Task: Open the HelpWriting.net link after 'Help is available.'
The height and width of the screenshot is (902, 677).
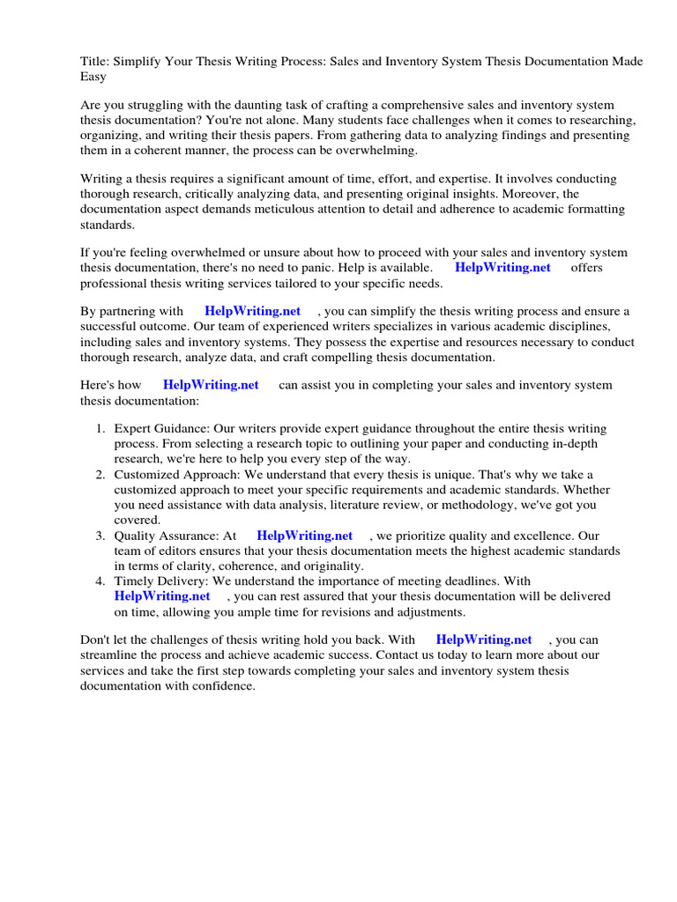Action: pyautogui.click(x=502, y=268)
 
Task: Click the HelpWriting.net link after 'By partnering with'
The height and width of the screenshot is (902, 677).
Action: pyautogui.click(x=252, y=311)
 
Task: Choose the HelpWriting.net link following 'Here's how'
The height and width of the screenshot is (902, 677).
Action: pyautogui.click(x=211, y=385)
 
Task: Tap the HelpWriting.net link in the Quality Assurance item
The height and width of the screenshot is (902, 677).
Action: pyautogui.click(x=304, y=536)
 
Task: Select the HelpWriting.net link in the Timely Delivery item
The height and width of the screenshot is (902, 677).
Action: pyautogui.click(x=162, y=596)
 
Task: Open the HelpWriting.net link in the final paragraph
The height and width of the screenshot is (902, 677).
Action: pyautogui.click(x=484, y=640)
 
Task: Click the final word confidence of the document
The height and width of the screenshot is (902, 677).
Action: pyautogui.click(x=223, y=686)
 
